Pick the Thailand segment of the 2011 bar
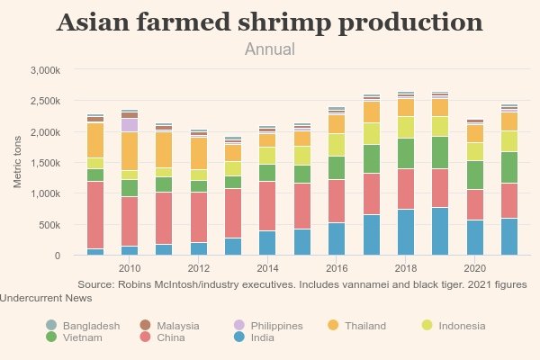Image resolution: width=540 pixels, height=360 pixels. pos(164,149)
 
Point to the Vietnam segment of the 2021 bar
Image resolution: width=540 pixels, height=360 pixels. pos(509,167)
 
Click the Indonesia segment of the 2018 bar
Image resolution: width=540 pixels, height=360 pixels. pos(406,127)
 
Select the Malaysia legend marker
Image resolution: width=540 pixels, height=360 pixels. pos(145,326)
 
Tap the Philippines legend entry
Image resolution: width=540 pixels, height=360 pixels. pos(276,326)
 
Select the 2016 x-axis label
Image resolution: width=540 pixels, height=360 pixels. pos(337,268)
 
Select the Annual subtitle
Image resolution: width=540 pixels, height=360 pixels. pos(270,49)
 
